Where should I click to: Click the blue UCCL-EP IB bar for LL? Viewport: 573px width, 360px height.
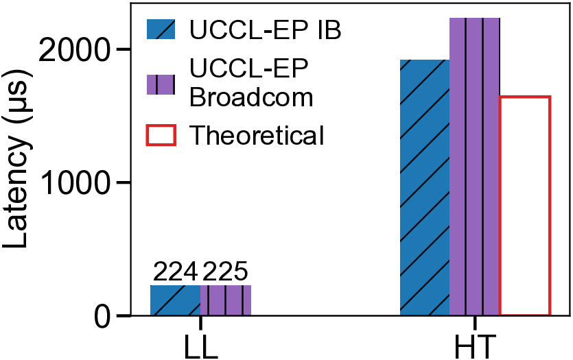coord(175,300)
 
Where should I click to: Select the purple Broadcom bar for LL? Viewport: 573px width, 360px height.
coord(226,300)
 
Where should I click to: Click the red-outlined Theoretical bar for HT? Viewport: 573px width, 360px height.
coord(525,206)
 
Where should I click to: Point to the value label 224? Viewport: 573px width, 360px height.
coord(175,273)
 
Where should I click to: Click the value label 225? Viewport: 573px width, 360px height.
coord(224,273)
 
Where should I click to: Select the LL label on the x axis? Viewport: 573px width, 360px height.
coord(200,344)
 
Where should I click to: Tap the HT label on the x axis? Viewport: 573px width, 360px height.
coord(476,344)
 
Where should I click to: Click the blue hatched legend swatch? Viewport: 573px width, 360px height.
coord(161,30)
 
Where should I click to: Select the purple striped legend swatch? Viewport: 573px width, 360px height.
coord(161,84)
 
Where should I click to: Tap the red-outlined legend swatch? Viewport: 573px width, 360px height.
coord(161,135)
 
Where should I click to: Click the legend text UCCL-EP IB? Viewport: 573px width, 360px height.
coord(265,31)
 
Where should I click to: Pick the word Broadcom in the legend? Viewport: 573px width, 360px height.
coord(251,96)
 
